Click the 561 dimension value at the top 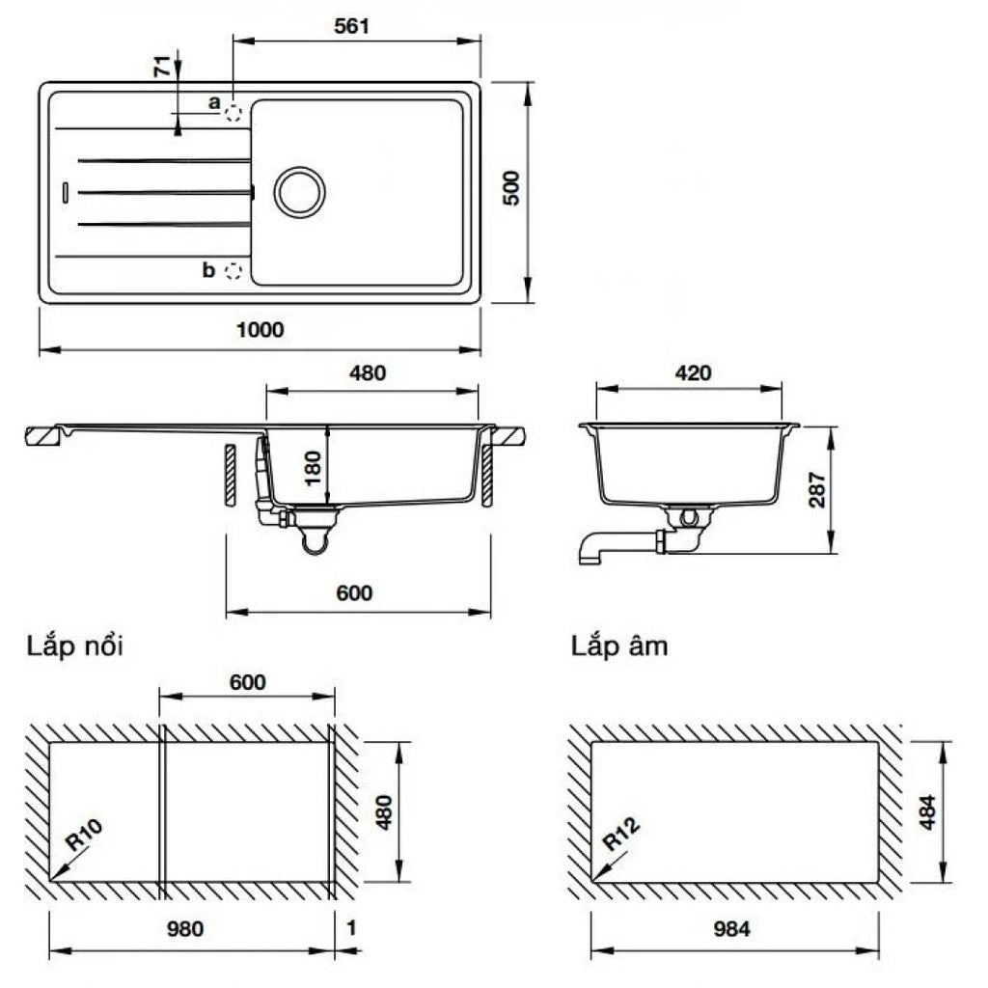[351, 26]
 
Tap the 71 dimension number [162, 66]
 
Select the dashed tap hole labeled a [233, 113]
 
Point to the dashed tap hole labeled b [233, 271]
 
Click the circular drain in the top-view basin [300, 192]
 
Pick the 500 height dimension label [511, 187]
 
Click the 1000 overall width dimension [260, 329]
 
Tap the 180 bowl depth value [313, 468]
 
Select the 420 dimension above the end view [693, 373]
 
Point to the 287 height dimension [816, 489]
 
